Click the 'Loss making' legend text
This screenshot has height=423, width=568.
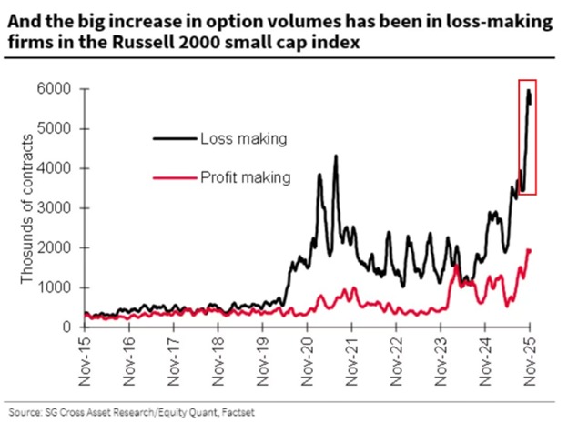point(243,138)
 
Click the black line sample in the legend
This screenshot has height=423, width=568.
point(172,138)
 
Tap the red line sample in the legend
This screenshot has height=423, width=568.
point(172,177)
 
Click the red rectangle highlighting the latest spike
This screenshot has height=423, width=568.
point(527,136)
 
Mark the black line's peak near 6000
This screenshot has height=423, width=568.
point(529,90)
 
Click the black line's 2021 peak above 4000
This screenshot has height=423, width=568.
point(336,156)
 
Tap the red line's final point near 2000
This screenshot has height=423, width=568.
point(529,250)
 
